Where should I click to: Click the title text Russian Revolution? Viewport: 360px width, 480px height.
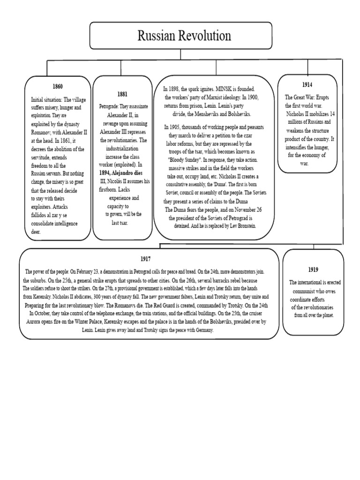point(180,35)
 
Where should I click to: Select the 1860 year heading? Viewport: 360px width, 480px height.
point(58,87)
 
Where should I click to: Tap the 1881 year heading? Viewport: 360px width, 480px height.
point(122,94)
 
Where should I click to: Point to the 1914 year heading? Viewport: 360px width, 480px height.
point(307,84)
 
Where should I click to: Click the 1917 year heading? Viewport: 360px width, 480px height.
point(145,259)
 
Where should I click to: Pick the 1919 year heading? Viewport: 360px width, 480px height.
point(313,269)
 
